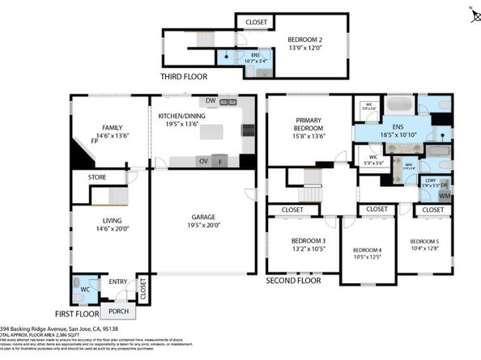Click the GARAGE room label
pos(208,217)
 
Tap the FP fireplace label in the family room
pos(95,142)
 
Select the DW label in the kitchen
pos(210,101)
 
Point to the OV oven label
pos(203,161)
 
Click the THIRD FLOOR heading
pos(183,78)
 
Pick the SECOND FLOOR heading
pos(294,281)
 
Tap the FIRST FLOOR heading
pos(77,313)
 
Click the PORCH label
pos(119,311)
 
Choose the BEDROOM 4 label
pos(367,250)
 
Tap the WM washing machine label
pos(445,196)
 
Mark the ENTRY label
pos(118,282)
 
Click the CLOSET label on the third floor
pos(257,22)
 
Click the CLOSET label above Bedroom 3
pos(292,210)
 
